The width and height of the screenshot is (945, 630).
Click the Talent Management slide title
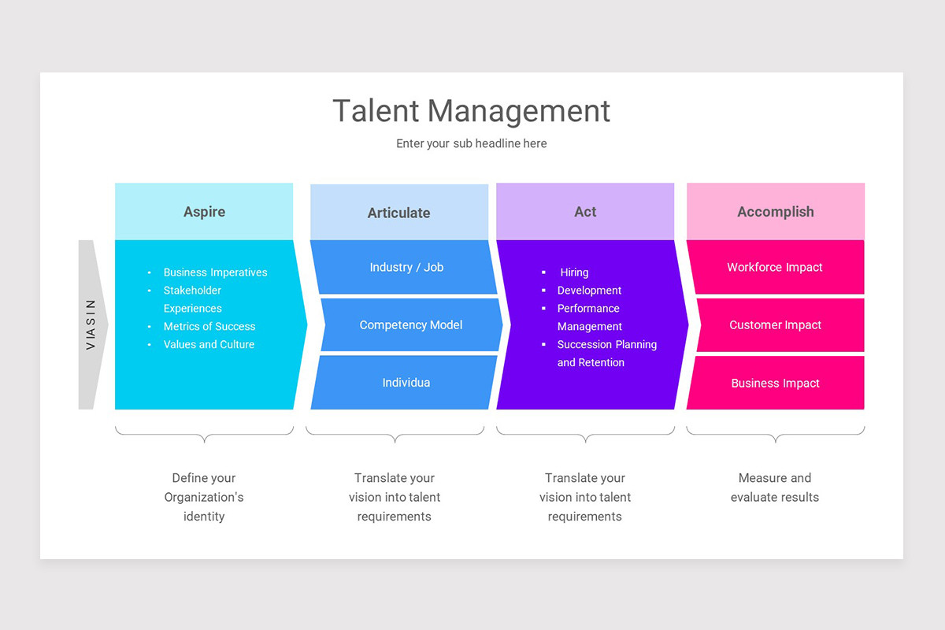[471, 111]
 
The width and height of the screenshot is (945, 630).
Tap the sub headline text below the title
[471, 143]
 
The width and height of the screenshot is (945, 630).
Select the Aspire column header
[204, 212]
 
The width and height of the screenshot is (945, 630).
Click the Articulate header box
[398, 213]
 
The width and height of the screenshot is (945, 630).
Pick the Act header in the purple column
[585, 212]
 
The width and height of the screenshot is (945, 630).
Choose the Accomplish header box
[775, 212]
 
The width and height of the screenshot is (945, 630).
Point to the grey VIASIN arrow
[91, 324]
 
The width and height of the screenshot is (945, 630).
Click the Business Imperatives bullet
[215, 272]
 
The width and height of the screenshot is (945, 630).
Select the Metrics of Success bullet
[209, 326]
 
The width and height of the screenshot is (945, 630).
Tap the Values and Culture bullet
[209, 344]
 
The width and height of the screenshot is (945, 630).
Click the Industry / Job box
[406, 267]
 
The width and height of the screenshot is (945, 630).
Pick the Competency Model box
[410, 324]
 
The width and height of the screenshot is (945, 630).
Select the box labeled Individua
[406, 383]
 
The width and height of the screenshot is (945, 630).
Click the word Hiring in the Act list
[574, 272]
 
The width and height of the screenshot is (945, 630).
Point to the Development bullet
[589, 291]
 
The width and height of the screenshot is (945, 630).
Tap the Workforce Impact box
[775, 267]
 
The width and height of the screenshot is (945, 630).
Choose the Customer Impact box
[775, 324]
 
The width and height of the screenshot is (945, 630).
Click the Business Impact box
[775, 383]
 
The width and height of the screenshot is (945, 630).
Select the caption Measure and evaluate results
[775, 487]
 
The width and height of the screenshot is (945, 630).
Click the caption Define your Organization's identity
[204, 497]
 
